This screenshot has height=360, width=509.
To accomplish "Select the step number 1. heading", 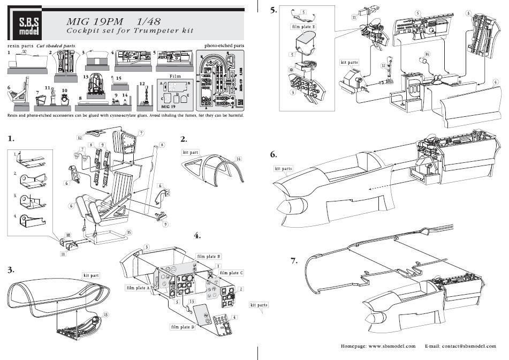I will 11,139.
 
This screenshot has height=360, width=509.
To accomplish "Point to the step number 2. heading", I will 184,139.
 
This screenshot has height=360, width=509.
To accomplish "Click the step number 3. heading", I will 11,269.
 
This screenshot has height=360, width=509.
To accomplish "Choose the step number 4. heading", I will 197,235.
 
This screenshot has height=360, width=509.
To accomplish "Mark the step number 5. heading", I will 274,10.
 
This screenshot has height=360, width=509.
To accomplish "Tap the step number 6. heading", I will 274,154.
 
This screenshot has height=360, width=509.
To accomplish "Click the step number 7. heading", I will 294,261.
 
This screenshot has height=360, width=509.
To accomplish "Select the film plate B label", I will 209,257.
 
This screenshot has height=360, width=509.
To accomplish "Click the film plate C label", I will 231,273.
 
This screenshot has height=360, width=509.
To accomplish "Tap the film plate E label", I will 303,25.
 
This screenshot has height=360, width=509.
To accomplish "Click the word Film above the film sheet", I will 175,76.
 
